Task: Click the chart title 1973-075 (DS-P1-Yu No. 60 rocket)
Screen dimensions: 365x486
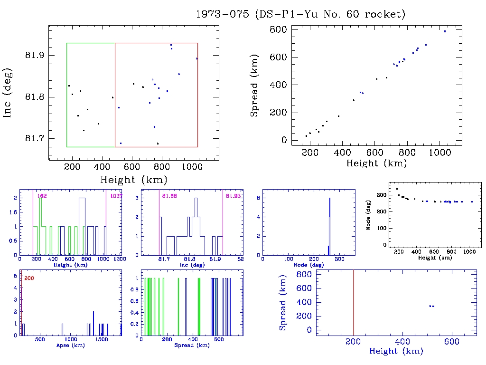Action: tap(300, 14)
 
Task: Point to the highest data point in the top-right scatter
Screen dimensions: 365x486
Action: tap(445, 31)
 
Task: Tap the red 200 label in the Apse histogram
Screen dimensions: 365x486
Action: tap(28, 278)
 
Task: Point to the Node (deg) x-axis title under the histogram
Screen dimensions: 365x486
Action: tap(308, 265)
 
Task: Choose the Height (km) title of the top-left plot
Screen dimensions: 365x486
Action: tap(133, 180)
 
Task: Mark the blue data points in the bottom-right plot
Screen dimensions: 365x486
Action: tap(431, 306)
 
